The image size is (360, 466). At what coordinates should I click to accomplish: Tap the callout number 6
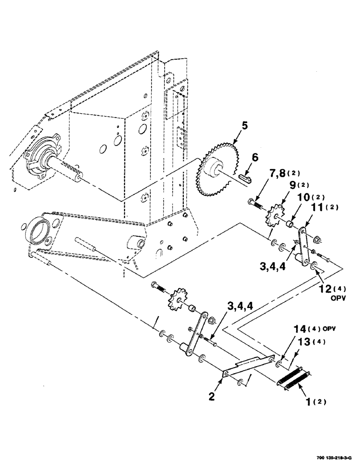tap(254, 158)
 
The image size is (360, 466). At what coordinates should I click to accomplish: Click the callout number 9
tap(295, 185)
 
